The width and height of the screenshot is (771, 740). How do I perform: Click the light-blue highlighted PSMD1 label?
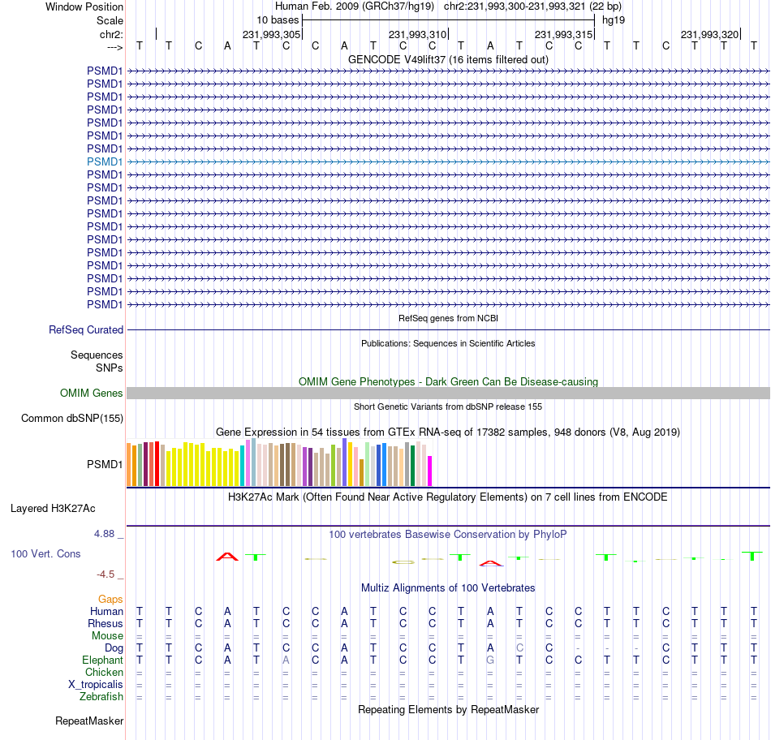coord(105,161)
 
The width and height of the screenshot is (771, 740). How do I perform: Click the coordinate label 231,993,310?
coord(418,34)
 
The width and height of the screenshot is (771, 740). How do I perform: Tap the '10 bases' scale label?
coord(278,19)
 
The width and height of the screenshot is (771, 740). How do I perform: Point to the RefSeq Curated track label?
coord(86,330)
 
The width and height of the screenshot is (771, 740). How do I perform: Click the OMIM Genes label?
coord(92,394)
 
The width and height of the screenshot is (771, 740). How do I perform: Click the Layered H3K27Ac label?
coord(53,509)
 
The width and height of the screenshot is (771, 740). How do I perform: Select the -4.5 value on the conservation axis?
coord(106,574)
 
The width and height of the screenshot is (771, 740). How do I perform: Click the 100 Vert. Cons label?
coord(45,553)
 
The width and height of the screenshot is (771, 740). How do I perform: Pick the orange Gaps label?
coord(110,599)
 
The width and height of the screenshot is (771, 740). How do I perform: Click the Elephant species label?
coord(102,660)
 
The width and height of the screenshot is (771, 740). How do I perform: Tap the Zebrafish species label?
coord(101,697)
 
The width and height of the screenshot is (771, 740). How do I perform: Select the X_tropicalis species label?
coord(96,685)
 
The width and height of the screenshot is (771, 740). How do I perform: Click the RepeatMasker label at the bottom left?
coord(89,721)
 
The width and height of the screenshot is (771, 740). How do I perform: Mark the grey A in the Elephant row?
coord(286,660)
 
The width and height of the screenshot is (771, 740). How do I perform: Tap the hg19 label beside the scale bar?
coord(613,19)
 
